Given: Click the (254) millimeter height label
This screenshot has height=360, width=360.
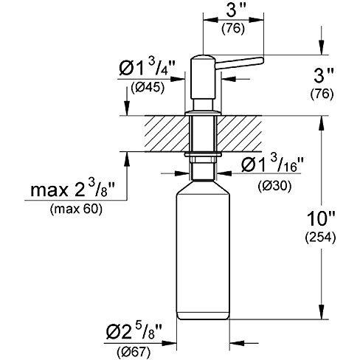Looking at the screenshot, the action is (x=320, y=238).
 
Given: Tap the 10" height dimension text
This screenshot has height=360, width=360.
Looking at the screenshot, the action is (x=321, y=218).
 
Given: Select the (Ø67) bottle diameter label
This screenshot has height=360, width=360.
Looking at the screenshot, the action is (x=134, y=353).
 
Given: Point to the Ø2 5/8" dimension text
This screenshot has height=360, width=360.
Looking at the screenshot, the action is (x=134, y=332).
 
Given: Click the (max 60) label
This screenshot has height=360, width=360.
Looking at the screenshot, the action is (x=76, y=210).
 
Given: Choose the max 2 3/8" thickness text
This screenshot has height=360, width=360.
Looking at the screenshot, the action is (x=73, y=190).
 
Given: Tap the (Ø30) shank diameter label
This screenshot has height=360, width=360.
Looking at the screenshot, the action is (x=275, y=187).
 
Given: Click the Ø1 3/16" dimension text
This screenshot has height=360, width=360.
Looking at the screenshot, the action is (x=272, y=165).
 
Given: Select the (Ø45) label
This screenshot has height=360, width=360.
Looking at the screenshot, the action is (x=148, y=88).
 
